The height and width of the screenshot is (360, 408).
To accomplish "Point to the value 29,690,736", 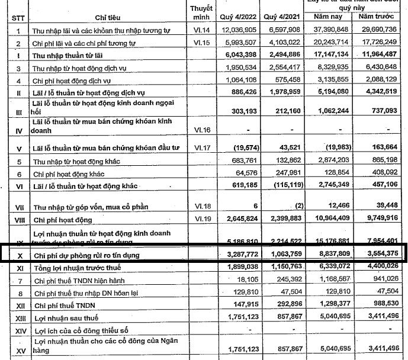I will coord(380,30).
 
